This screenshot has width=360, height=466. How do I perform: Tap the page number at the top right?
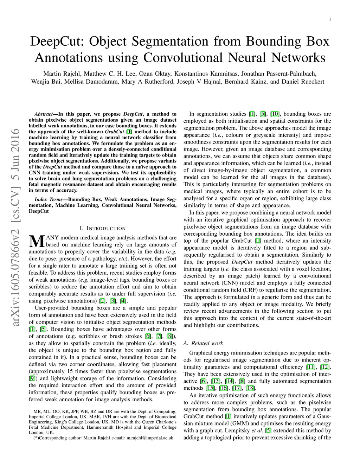point(330,19)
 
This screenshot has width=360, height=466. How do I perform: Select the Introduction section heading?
point(102,228)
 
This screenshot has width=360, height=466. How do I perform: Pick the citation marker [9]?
point(32,378)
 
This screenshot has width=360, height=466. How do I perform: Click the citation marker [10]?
point(275,114)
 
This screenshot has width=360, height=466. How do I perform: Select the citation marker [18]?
point(250,388)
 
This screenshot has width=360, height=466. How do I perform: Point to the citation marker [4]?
point(123,301)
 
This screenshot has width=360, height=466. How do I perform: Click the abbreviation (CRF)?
point(251,290)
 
